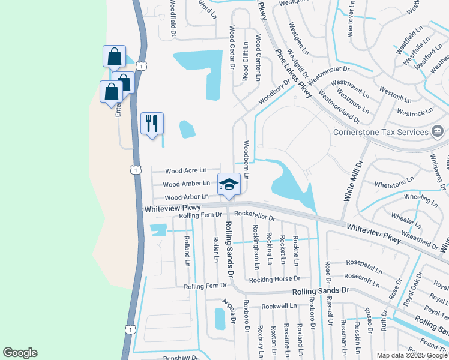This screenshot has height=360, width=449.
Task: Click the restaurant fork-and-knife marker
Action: pyautogui.click(x=151, y=124)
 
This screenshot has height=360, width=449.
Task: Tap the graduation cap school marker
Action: pyautogui.click(x=229, y=184)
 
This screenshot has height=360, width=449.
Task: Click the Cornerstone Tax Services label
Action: pyautogui.click(x=381, y=132)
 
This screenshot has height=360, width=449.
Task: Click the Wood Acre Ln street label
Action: pyautogui.click(x=185, y=171)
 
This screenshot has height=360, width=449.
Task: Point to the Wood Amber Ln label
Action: pyautogui.click(x=186, y=184)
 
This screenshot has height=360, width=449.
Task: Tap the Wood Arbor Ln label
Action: pyautogui.click(x=186, y=197)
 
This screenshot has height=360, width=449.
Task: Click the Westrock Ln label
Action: pyautogui.click(x=415, y=112)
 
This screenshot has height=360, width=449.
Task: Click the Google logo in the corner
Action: pyautogui.click(x=20, y=353)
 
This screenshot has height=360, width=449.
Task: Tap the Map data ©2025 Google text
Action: pyautogui.click(x=411, y=355)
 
